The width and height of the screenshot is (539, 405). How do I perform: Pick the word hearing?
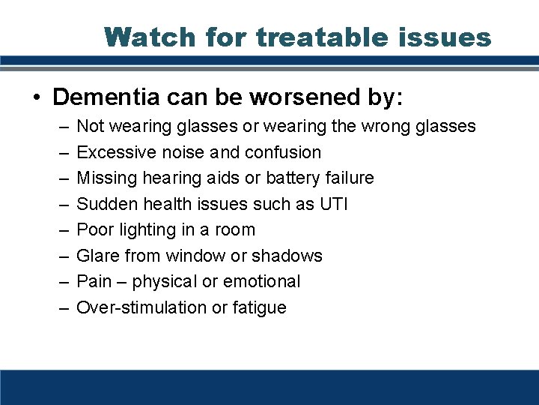[165, 178]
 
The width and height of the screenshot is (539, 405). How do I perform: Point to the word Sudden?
[104, 204]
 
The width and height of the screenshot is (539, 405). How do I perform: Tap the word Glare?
[97, 256]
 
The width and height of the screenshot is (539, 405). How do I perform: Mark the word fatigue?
[258, 307]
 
